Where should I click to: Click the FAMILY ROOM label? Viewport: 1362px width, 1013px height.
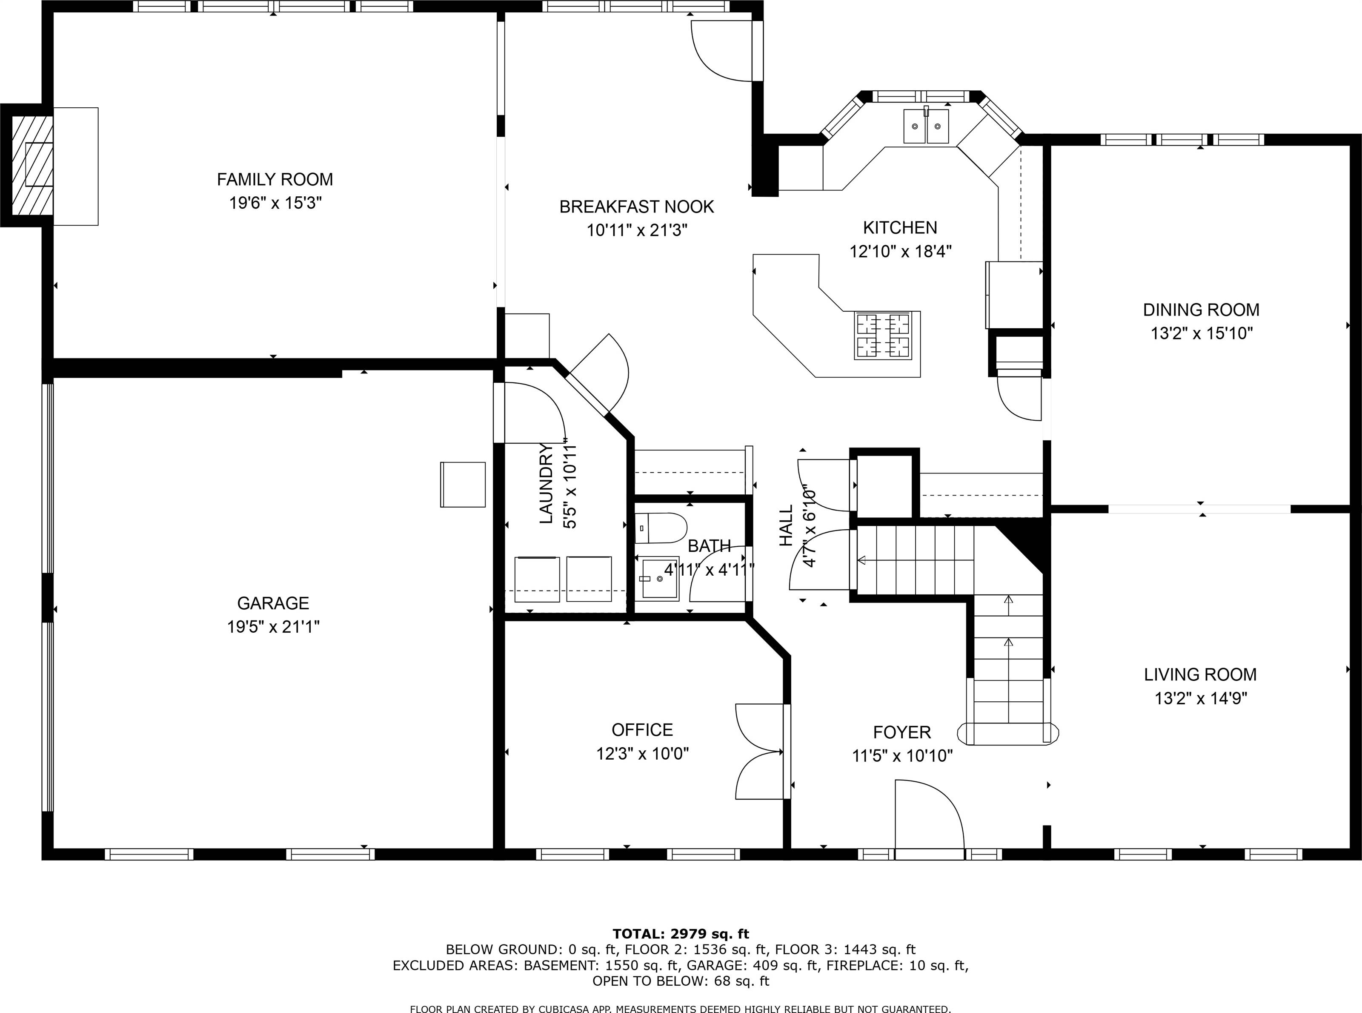tap(275, 180)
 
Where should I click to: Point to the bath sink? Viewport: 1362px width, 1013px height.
tap(656, 578)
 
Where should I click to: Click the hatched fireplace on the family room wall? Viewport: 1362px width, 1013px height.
tap(32, 166)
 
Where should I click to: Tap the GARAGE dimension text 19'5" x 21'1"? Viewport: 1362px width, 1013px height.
tap(273, 627)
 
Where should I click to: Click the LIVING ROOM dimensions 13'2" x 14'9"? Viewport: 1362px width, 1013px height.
tap(1201, 698)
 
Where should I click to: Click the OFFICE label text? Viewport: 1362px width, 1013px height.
tap(642, 730)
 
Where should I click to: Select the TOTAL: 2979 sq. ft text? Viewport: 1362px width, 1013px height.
tap(681, 934)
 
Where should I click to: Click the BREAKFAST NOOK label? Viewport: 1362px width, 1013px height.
tap(637, 207)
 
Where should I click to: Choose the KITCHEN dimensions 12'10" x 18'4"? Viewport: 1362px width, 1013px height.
tap(900, 251)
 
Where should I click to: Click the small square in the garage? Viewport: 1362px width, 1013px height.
tap(463, 485)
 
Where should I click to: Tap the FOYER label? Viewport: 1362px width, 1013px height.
tap(901, 732)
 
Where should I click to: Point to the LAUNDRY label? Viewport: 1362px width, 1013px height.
tap(546, 484)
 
